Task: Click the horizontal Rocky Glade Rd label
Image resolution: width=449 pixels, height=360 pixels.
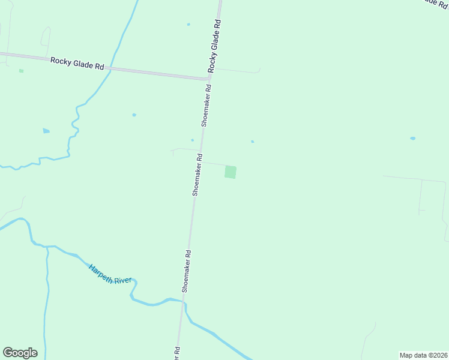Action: pos(77,62)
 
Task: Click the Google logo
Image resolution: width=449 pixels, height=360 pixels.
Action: pos(20,353)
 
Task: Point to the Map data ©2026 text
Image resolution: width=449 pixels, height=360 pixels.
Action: pos(424,355)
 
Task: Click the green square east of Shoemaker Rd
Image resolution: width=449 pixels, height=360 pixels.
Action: pos(231,172)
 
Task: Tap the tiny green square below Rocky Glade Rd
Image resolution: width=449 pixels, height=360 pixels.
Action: pos(21,71)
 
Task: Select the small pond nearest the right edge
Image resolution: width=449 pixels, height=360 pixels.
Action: pos(412,139)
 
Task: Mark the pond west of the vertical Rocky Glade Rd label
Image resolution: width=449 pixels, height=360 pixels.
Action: pos(188,25)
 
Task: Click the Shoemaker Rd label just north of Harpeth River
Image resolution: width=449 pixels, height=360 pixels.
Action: pos(187,271)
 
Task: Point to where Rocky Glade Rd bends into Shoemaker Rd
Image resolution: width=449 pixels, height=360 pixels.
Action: pos(209,77)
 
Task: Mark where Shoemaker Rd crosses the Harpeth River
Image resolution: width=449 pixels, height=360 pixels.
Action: pos(183,301)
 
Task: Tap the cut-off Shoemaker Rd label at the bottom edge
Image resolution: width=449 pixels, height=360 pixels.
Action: pos(178,353)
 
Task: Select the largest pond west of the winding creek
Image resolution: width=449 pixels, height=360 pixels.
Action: pos(46,131)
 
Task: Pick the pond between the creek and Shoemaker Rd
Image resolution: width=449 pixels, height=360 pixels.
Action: pos(134,115)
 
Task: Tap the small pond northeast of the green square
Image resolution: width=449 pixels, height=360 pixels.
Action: pos(252,142)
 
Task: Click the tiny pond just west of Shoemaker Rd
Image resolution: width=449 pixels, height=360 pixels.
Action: pos(192,140)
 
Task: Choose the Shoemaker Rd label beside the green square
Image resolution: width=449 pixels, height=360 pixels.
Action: pos(196,175)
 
